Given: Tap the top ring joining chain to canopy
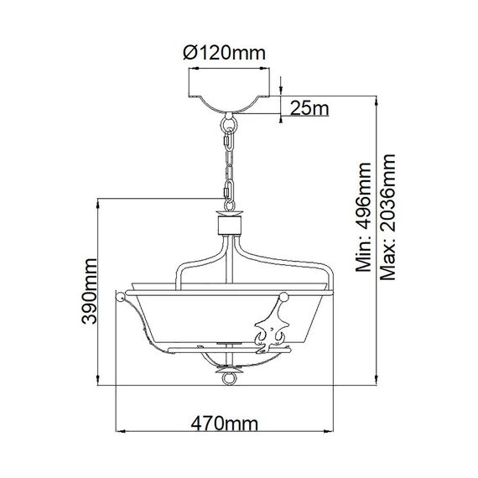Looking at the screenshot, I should tap(228, 125).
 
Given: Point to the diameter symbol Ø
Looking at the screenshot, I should tap(189, 53).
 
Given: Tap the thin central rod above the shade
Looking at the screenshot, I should tap(228, 264).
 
